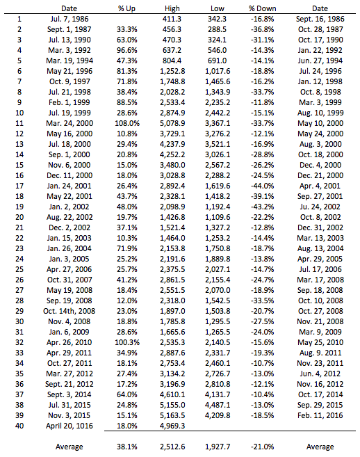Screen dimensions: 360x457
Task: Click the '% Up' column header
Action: (x=127, y=8)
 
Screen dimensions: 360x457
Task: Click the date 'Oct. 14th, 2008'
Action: (x=69, y=310)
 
